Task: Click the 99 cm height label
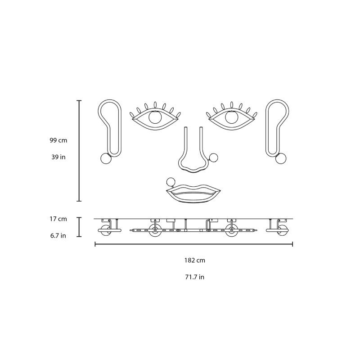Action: [x=58, y=140]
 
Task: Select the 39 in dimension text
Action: [x=58, y=157]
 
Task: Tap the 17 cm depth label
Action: [x=58, y=219]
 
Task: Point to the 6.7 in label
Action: [x=58, y=235]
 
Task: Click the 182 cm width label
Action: [x=195, y=261]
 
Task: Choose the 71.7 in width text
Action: [x=195, y=277]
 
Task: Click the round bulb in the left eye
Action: [x=155, y=117]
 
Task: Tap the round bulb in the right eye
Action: [x=232, y=117]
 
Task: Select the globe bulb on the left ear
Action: [x=106, y=159]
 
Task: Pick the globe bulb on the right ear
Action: [x=281, y=159]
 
